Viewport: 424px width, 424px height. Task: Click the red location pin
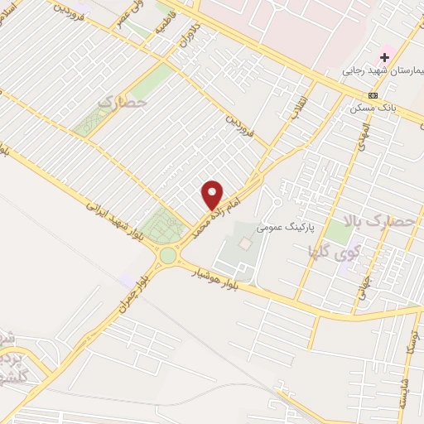(213, 195)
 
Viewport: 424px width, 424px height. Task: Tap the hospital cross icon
(384, 57)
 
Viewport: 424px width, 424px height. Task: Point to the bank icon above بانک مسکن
(373, 95)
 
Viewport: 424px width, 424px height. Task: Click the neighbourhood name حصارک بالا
(381, 221)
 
